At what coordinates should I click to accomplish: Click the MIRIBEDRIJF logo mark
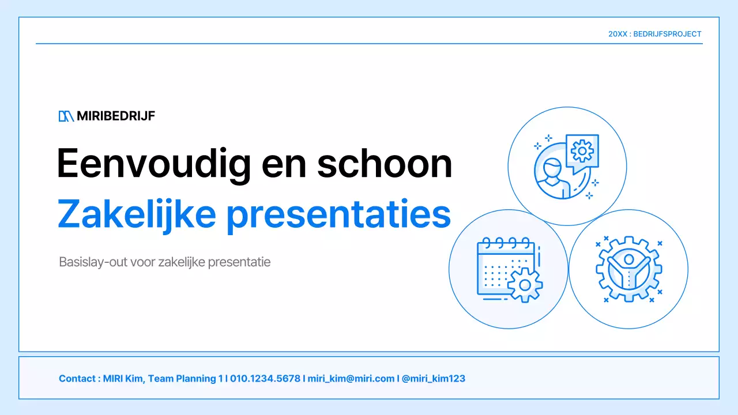pyautogui.click(x=66, y=116)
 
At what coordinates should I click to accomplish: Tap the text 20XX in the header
pyautogui.click(x=617, y=34)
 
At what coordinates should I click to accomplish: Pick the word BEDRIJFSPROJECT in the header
pyautogui.click(x=667, y=34)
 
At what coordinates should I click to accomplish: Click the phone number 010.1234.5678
pyautogui.click(x=265, y=379)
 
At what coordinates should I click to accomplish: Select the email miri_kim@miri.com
pyautogui.click(x=351, y=379)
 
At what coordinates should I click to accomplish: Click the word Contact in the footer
pyautogui.click(x=77, y=379)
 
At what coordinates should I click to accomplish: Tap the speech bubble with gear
pyautogui.click(x=582, y=151)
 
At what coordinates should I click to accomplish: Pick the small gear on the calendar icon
pyautogui.click(x=524, y=285)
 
